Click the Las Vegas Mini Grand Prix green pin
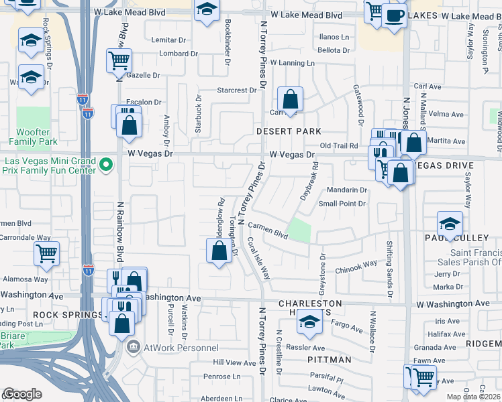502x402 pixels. [x=105, y=164]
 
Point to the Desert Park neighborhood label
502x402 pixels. [x=289, y=131]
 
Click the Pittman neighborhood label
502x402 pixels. [x=332, y=360]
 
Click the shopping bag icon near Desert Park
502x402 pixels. [x=290, y=100]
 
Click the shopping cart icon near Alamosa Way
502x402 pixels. [x=46, y=253]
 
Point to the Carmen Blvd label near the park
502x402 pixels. [x=266, y=230]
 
